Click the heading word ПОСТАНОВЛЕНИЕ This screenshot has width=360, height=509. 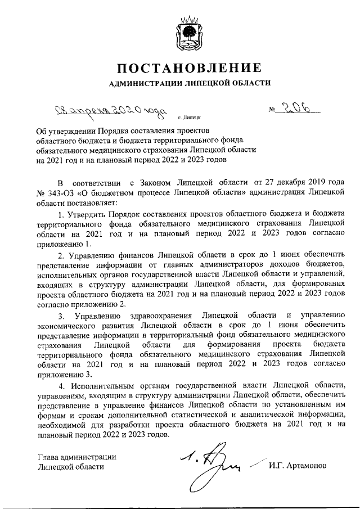click(x=189, y=69)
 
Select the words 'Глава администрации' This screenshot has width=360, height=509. click(x=77, y=456)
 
